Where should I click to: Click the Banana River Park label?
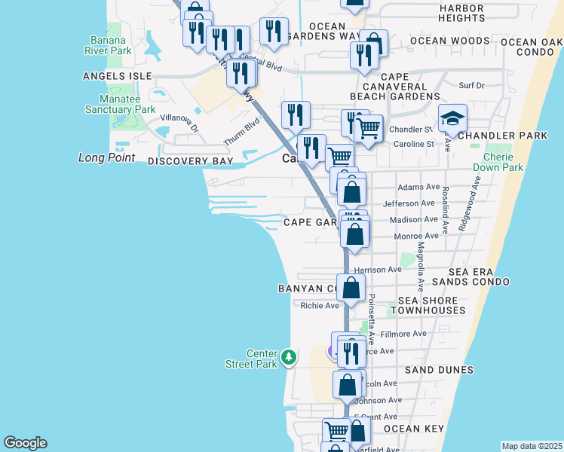click(111, 45)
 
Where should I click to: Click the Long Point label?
click(106, 157)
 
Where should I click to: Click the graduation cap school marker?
click(453, 118)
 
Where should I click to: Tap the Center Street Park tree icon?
click(289, 356)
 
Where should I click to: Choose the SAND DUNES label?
click(439, 370)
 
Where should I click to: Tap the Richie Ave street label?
click(320, 306)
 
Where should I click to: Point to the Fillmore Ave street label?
click(403, 334)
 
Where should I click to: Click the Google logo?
click(25, 443)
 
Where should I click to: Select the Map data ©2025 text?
click(532, 446)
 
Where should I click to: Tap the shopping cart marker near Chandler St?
click(368, 128)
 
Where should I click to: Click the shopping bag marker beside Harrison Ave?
click(351, 287)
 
